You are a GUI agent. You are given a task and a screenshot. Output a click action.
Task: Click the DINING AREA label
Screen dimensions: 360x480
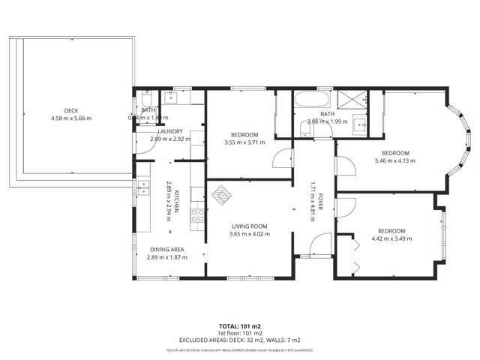[166, 249]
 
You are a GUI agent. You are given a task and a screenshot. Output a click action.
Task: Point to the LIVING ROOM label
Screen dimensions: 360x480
[249, 226]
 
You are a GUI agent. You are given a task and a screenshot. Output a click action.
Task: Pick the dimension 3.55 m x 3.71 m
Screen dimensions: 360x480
[244, 142]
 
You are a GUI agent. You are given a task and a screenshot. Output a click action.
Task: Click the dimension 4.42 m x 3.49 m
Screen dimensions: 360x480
[391, 238]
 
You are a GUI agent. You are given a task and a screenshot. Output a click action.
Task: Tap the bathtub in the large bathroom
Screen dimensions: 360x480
[310, 100]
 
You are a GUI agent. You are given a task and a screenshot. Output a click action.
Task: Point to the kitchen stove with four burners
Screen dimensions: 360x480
[199, 217]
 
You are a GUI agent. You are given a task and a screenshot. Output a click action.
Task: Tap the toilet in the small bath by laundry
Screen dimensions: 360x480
[147, 98]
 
